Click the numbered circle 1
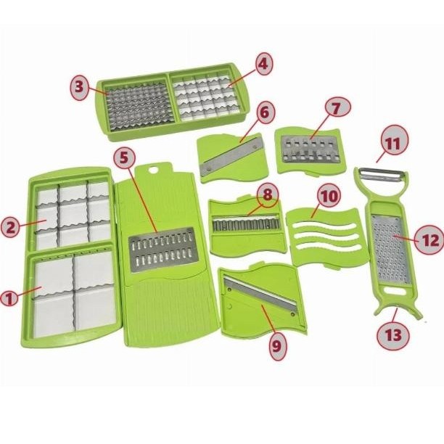pyautogui.click(x=9, y=299)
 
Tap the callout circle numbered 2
pyautogui.click(x=10, y=226)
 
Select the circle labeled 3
pyautogui.click(x=79, y=86)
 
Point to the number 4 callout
pyautogui.click(x=263, y=64)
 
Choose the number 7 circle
pyautogui.click(x=337, y=108)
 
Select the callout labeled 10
pyautogui.click(x=329, y=196)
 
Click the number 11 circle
pyautogui.click(x=393, y=143)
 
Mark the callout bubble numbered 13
pyautogui.click(x=393, y=335)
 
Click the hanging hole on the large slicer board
pyautogui.click(x=154, y=170)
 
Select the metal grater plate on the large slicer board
pyautogui.click(x=162, y=250)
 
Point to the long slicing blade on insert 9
pyautogui.click(x=260, y=293)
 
